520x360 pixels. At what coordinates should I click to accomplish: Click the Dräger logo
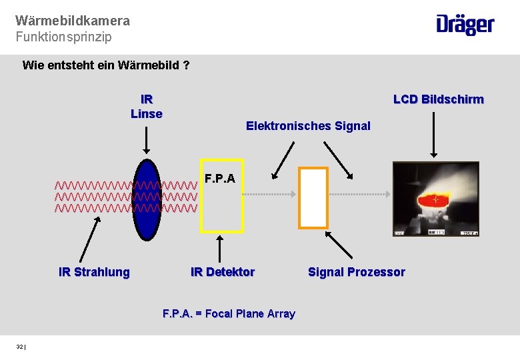[465, 25]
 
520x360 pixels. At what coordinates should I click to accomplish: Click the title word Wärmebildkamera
[73, 21]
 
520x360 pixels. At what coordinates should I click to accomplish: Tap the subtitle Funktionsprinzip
[64, 37]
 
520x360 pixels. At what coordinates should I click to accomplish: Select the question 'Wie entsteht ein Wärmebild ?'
[106, 65]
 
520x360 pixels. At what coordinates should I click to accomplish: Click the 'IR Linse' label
[147, 107]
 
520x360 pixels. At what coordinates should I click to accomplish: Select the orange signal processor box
[313, 197]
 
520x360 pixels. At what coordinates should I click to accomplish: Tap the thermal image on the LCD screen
[435, 199]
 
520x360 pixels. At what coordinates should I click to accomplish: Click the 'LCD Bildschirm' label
[438, 99]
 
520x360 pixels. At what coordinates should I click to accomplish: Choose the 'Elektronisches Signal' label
[308, 126]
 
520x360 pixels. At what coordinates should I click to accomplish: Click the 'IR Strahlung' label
[94, 272]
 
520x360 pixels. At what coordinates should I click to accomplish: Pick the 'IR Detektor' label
[223, 272]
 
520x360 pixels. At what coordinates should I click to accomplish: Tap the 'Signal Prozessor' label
[356, 272]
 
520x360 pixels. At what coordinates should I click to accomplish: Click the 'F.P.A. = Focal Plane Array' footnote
[229, 313]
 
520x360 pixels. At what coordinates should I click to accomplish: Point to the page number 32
[20, 347]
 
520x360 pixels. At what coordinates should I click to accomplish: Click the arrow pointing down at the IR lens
[147, 140]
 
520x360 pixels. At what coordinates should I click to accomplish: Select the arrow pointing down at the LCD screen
[435, 133]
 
